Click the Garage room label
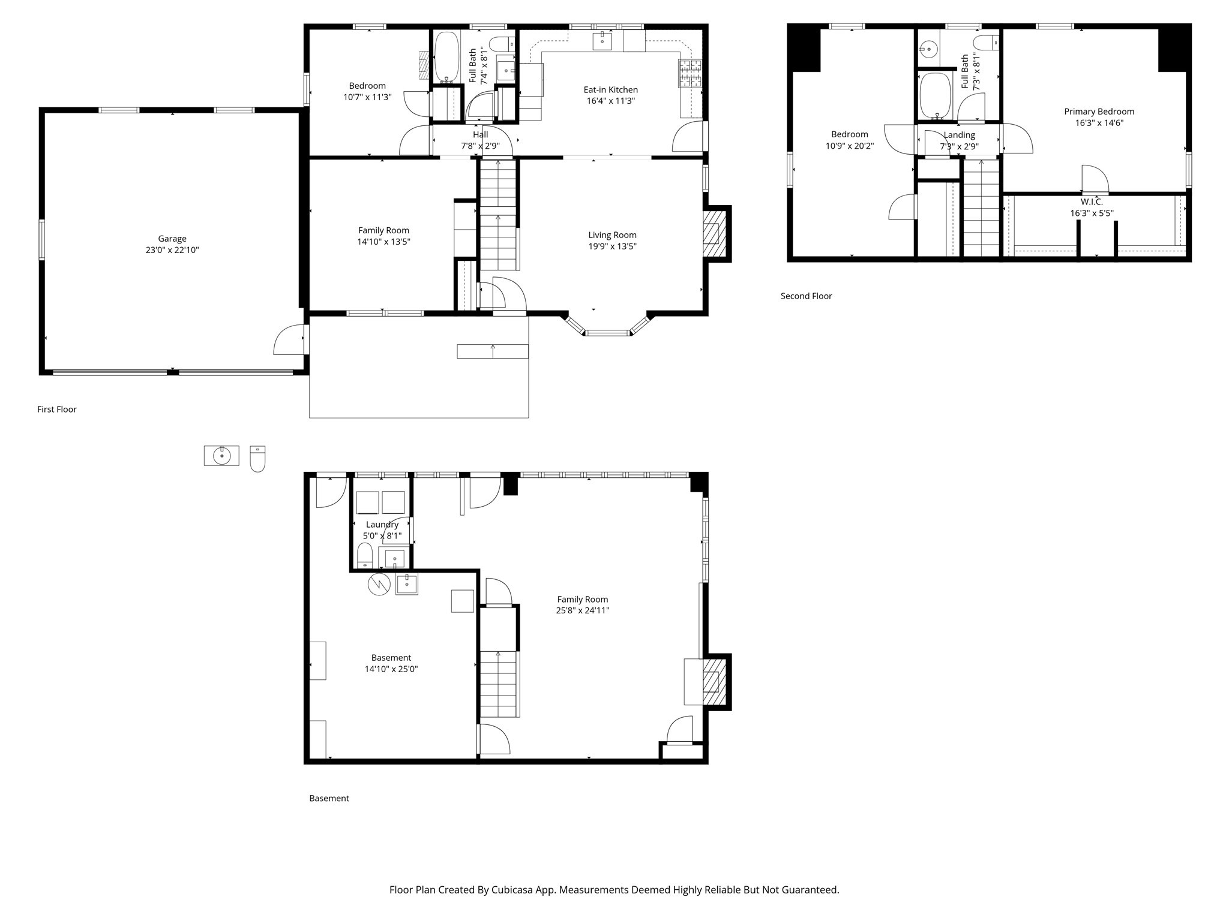172,239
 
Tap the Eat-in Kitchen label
610,90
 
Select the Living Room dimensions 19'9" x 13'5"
612,246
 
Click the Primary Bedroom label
1099,112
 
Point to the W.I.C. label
1092,202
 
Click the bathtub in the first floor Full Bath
446,57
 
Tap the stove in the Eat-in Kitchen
690,74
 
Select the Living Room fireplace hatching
711,233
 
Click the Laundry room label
382,525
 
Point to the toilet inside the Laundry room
365,555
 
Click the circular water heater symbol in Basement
379,584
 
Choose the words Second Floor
806,296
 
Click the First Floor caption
57,410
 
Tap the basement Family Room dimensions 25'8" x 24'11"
582,611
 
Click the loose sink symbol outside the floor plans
221,456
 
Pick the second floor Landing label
959,135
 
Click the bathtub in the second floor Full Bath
935,96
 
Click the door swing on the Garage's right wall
288,341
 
